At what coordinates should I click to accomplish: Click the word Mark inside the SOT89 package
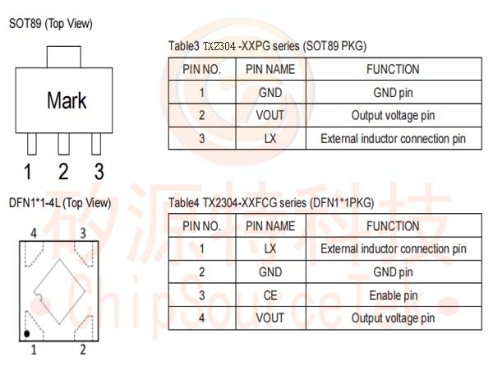(x=67, y=100)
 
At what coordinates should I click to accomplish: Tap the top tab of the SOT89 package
(x=64, y=57)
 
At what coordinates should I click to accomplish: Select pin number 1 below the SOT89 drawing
(x=28, y=172)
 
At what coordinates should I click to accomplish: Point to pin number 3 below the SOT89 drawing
(x=99, y=172)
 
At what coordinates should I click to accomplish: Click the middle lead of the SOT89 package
(x=64, y=144)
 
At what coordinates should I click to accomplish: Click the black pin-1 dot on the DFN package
(x=27, y=334)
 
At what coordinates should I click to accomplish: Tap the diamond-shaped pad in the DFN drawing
(x=59, y=292)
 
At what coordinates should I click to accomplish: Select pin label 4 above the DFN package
(x=34, y=234)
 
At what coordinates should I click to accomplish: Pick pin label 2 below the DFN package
(x=83, y=349)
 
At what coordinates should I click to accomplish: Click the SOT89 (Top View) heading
(x=51, y=24)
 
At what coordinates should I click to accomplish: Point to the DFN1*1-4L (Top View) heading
(x=60, y=203)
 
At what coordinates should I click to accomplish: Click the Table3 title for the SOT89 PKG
(x=268, y=46)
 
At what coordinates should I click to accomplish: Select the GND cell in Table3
(x=270, y=92)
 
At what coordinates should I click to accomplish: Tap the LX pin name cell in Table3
(x=270, y=138)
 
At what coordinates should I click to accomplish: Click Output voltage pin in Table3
(x=393, y=115)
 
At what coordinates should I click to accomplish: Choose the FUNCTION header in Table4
(x=393, y=226)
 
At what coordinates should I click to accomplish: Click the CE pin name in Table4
(x=270, y=295)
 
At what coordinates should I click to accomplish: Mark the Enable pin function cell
(x=394, y=295)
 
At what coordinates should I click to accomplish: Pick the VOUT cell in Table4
(x=270, y=318)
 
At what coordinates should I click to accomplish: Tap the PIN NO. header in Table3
(x=202, y=69)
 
